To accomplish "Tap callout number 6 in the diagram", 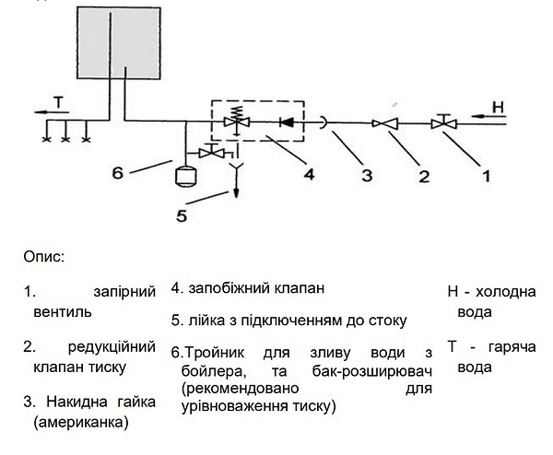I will coord(117,171).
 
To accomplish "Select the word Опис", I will coord(44,255).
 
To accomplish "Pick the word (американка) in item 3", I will coord(78,423).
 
